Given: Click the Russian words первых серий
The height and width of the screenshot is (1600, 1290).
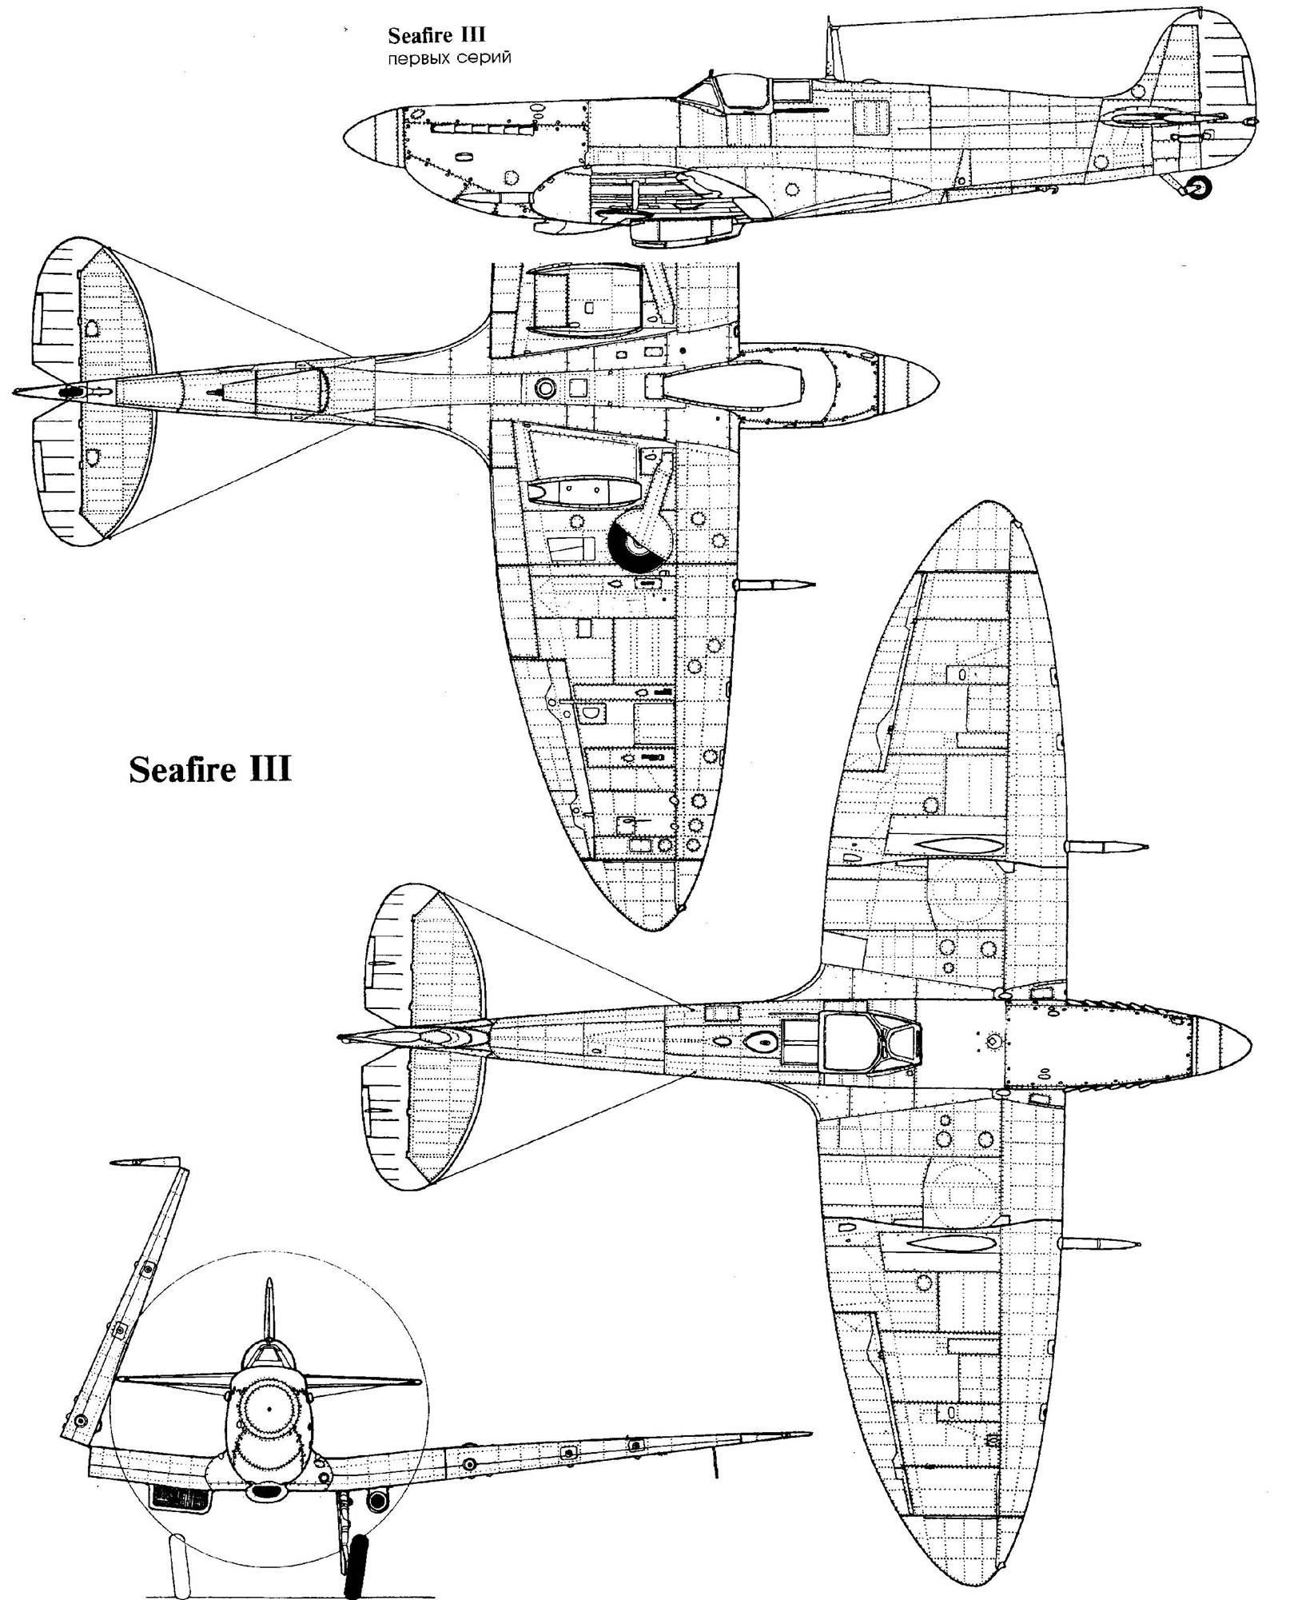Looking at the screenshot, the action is click(x=449, y=59).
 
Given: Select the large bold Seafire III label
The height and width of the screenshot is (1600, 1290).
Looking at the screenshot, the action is click(x=210, y=770).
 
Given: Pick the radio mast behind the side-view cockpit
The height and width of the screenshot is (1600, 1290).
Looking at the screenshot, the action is click(x=832, y=51).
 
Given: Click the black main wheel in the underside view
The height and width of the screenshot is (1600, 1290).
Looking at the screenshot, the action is click(x=631, y=543).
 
